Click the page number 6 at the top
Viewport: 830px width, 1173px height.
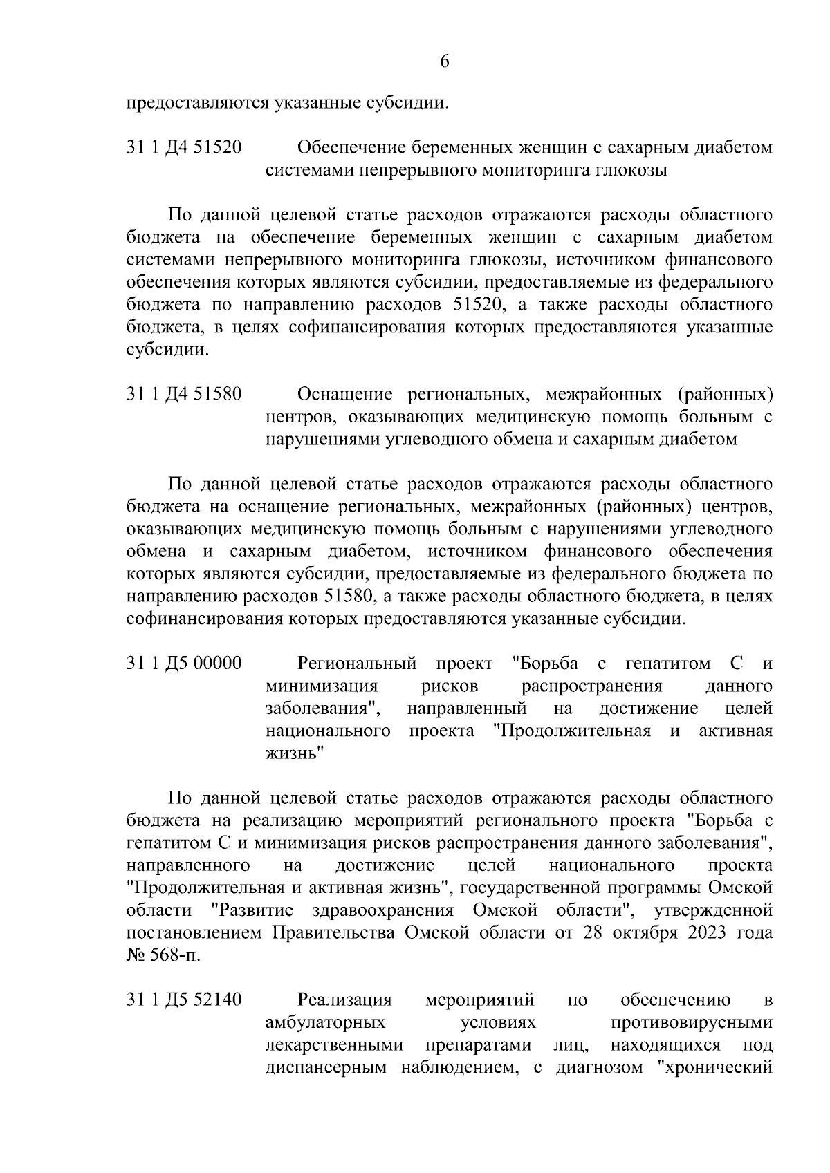[445, 62]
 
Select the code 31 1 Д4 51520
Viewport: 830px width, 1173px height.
[184, 148]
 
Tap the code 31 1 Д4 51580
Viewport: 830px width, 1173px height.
[184, 395]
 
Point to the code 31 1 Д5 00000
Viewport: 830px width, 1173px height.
[184, 664]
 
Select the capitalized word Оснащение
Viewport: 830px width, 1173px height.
[344, 395]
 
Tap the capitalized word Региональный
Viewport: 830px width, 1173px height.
[357, 664]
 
